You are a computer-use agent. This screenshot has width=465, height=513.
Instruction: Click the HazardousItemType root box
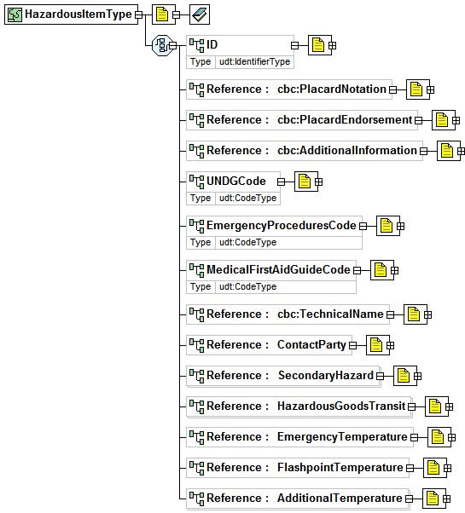tap(71, 14)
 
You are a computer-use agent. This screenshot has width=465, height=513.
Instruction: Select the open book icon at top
tap(200, 14)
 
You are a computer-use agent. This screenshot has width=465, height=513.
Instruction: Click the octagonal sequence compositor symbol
tap(162, 45)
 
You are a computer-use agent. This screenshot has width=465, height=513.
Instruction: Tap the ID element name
tap(212, 44)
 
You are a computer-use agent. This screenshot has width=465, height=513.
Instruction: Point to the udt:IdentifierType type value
tap(254, 61)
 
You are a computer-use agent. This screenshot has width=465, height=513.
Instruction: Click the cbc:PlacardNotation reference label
tap(332, 89)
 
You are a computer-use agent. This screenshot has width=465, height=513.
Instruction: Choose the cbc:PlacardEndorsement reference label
tap(345, 120)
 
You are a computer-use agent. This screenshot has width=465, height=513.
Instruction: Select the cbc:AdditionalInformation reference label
tap(347, 151)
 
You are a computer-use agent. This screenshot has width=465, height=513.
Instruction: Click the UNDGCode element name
tap(236, 181)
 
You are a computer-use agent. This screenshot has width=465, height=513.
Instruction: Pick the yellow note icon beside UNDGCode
tap(305, 182)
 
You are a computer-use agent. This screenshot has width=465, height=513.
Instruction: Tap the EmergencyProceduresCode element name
tap(282, 226)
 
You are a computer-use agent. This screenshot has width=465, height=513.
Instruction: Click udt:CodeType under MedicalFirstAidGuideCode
tap(248, 286)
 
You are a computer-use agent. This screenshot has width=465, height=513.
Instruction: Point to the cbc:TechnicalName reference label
tap(330, 314)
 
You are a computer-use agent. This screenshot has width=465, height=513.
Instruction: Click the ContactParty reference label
tap(311, 345)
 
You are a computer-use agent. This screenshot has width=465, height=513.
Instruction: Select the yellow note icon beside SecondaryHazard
tap(404, 376)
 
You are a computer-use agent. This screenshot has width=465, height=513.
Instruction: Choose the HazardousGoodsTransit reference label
tap(341, 406)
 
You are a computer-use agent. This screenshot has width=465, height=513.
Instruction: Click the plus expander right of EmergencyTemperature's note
tap(451, 437)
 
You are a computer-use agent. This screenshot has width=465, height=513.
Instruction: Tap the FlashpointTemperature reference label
tap(340, 468)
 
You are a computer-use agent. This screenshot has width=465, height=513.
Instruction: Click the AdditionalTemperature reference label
tap(340, 498)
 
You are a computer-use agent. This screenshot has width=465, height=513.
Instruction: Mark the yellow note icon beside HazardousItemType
tap(162, 14)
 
